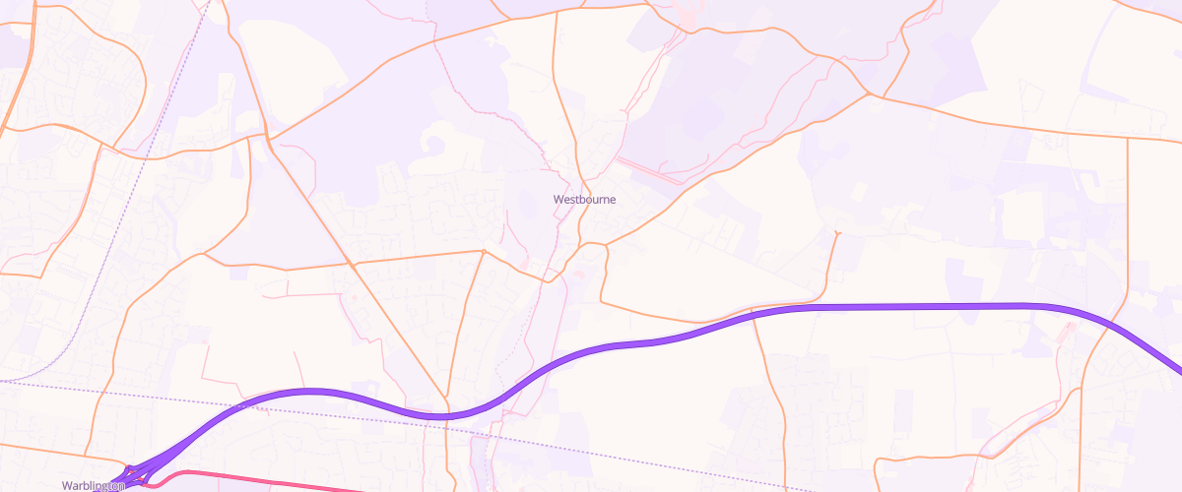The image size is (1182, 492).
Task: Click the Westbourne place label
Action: [584, 199]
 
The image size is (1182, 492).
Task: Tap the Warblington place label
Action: [93, 485]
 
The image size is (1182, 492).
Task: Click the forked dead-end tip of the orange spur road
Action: [836, 232]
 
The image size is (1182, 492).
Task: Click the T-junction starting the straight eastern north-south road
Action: [1127, 137]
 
